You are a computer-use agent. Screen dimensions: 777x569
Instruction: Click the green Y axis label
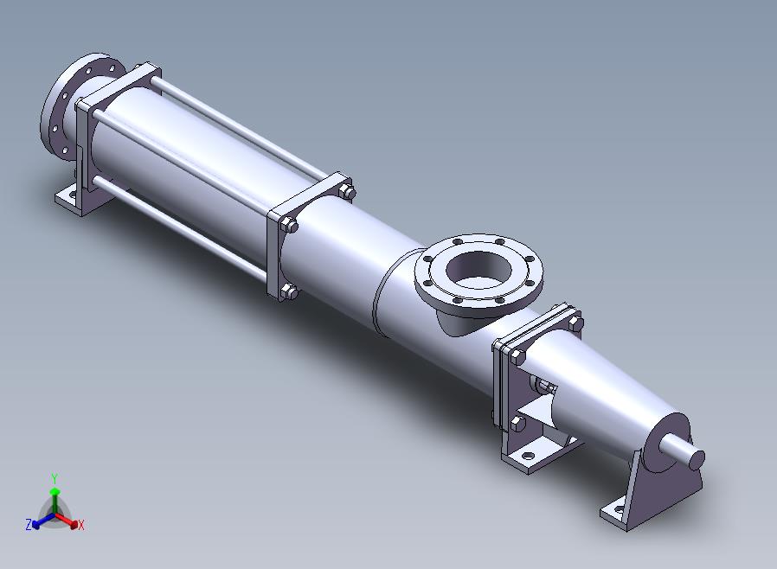click(x=55, y=478)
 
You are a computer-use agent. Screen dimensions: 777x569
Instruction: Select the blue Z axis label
click(x=29, y=524)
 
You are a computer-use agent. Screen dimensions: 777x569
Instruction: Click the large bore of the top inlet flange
click(x=478, y=271)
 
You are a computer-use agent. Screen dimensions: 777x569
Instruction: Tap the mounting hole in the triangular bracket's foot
click(x=619, y=508)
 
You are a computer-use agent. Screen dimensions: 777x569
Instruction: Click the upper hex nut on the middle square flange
click(x=290, y=226)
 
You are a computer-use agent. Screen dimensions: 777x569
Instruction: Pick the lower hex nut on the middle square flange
click(x=289, y=291)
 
